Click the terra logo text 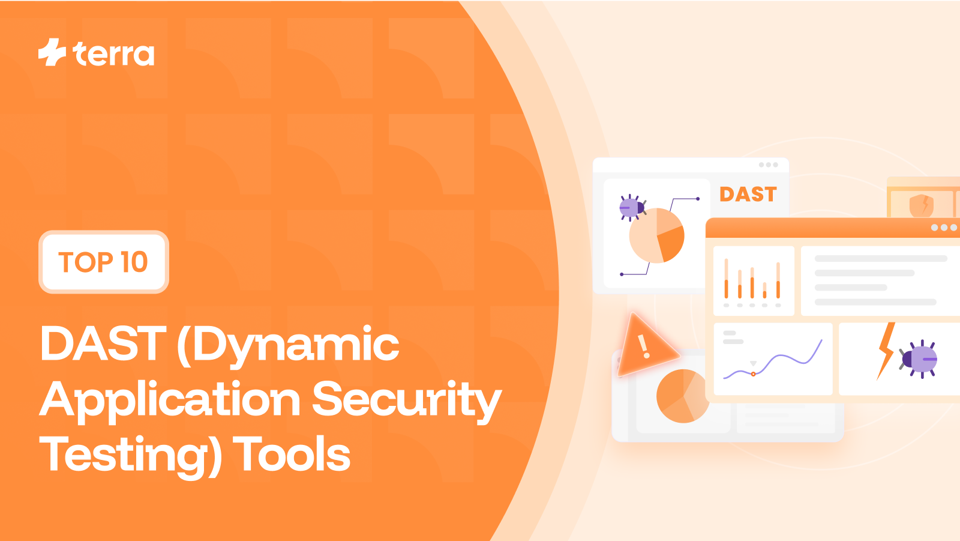(x=114, y=54)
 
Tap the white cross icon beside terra (x=52, y=52)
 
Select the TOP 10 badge (x=103, y=262)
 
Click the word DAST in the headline (x=103, y=344)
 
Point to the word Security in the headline (x=406, y=399)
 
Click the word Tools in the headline (x=292, y=455)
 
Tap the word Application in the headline (x=170, y=400)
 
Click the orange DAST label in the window (x=748, y=195)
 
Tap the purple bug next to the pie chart (x=632, y=208)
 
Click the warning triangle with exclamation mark (x=643, y=345)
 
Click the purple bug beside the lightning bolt (x=920, y=359)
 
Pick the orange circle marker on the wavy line (x=754, y=374)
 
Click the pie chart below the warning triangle (x=682, y=396)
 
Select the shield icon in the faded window (x=921, y=205)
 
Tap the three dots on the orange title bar (x=944, y=228)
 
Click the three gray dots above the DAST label (x=768, y=165)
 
